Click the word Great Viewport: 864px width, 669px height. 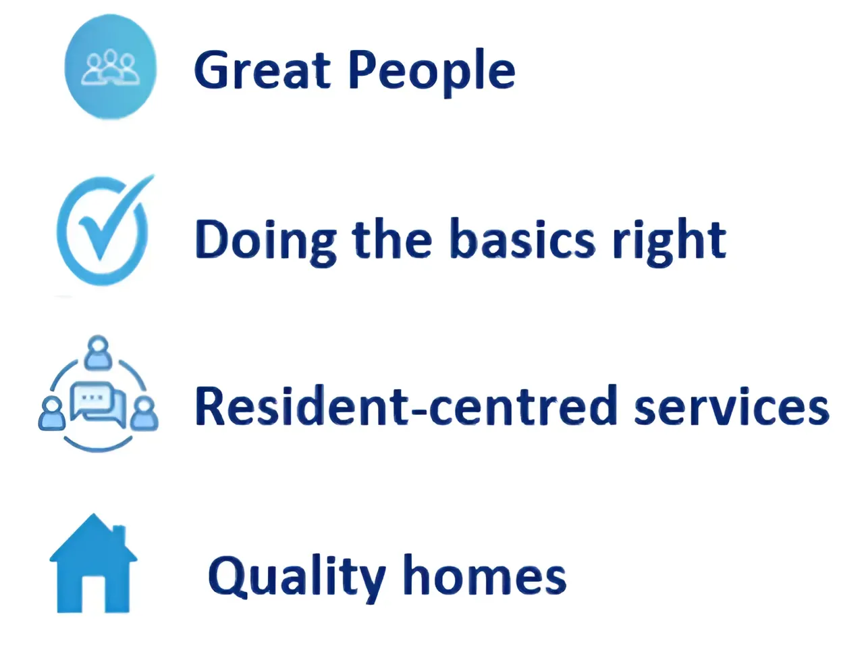263,70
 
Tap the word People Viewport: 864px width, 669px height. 432,73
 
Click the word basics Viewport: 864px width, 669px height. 522,239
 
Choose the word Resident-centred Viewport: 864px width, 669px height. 406,406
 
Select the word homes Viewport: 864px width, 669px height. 485,574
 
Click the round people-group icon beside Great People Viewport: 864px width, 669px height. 111,66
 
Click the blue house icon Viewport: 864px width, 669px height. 93,564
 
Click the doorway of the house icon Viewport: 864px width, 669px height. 93,593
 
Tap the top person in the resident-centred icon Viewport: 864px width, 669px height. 98,352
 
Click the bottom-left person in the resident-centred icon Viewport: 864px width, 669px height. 52,414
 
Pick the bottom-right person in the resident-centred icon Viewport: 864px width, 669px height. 144,414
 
